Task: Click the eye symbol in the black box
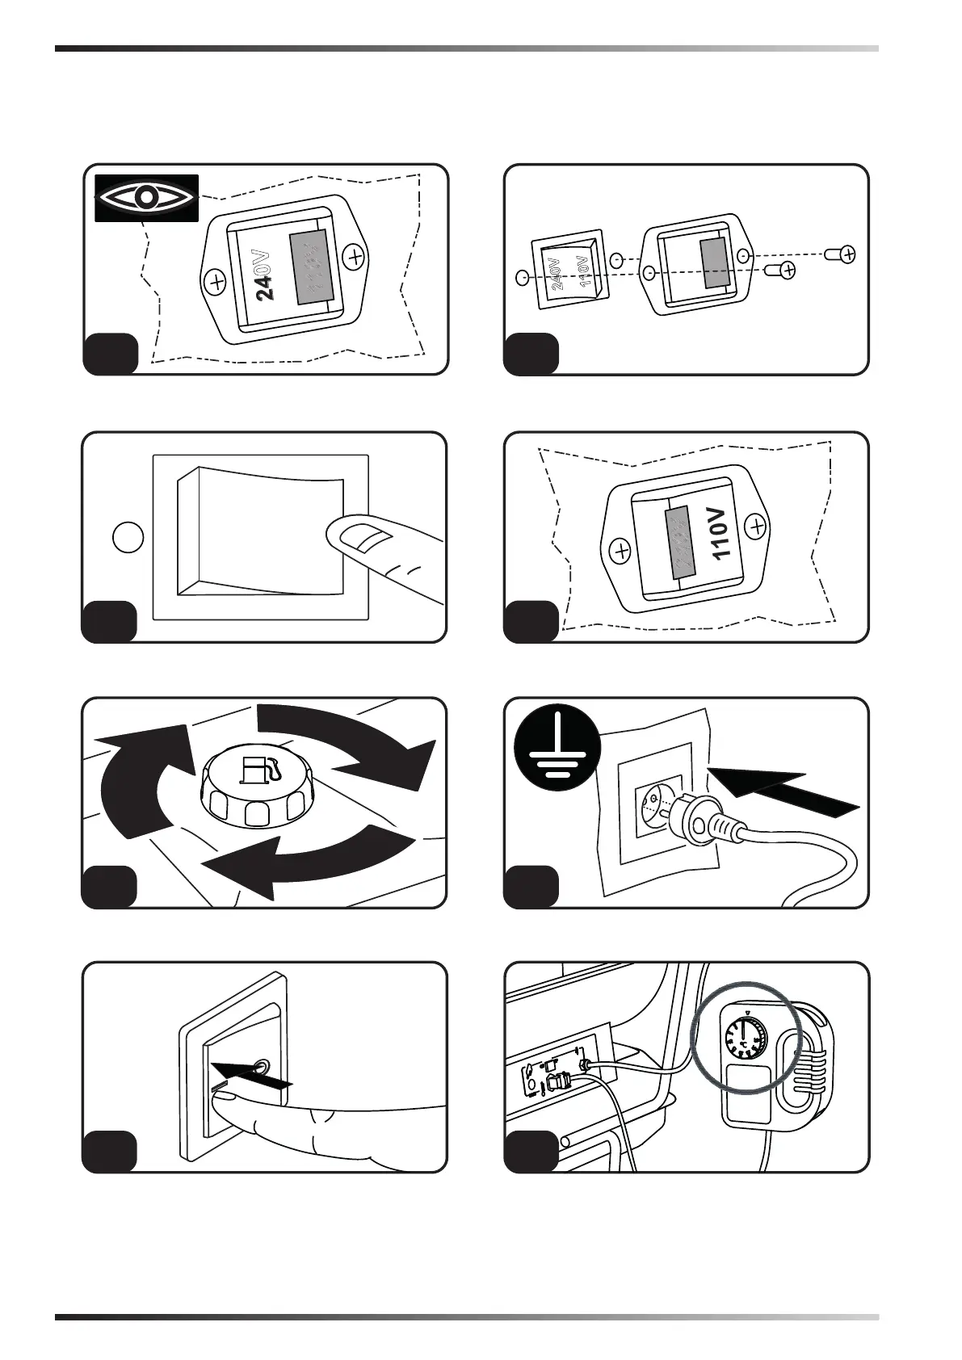pyautogui.click(x=146, y=197)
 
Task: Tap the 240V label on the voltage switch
pyautogui.click(x=265, y=275)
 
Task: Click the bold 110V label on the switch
pyautogui.click(x=720, y=533)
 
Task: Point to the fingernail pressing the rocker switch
pyautogui.click(x=361, y=536)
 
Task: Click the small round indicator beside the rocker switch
pyautogui.click(x=128, y=537)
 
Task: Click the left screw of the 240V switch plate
pyautogui.click(x=215, y=283)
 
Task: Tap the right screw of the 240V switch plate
pyautogui.click(x=354, y=258)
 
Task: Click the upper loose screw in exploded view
pyautogui.click(x=841, y=254)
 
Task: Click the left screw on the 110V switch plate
pyautogui.click(x=621, y=552)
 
